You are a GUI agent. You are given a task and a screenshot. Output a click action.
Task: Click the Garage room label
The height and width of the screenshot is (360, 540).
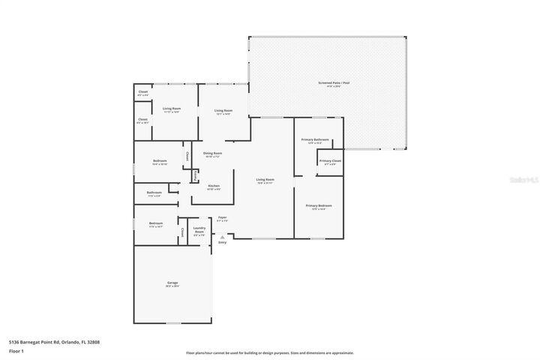tap(172, 283)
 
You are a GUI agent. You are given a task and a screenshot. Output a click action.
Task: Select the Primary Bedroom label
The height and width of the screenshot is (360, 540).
tap(318, 205)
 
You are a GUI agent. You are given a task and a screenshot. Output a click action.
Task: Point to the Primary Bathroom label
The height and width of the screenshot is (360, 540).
tap(316, 139)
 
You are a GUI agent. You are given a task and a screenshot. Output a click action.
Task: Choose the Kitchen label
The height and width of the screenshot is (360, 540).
tap(214, 186)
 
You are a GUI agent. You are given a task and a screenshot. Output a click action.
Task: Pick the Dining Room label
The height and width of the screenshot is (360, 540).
tap(213, 153)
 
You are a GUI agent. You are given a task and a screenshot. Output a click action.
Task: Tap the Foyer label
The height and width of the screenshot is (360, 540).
tap(222, 218)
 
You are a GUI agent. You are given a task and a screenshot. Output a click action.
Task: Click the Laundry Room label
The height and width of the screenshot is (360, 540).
tap(199, 230)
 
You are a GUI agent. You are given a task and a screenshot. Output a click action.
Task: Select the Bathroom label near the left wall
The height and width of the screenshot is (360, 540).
tap(154, 193)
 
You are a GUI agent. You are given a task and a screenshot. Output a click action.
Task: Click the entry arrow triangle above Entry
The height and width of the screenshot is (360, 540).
tap(222, 237)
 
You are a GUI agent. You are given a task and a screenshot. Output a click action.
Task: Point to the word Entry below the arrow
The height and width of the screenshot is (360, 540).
tap(222, 243)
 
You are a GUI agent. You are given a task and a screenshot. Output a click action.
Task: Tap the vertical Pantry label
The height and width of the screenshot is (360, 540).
tap(195, 175)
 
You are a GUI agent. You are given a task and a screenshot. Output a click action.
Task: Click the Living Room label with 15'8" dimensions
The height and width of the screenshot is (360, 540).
tap(265, 180)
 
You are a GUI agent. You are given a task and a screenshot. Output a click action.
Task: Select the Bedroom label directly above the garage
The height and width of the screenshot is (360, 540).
tap(156, 223)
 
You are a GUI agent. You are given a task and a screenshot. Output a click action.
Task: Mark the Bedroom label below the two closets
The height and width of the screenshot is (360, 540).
tap(160, 160)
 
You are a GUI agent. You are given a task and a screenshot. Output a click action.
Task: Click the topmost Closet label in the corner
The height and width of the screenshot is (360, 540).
tap(142, 92)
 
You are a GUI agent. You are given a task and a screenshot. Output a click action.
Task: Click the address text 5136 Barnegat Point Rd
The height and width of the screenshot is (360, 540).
tap(54, 342)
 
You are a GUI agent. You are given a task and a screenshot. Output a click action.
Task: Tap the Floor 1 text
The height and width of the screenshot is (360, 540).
tap(16, 350)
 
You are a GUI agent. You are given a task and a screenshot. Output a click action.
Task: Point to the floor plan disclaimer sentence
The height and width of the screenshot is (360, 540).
tap(270, 352)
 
